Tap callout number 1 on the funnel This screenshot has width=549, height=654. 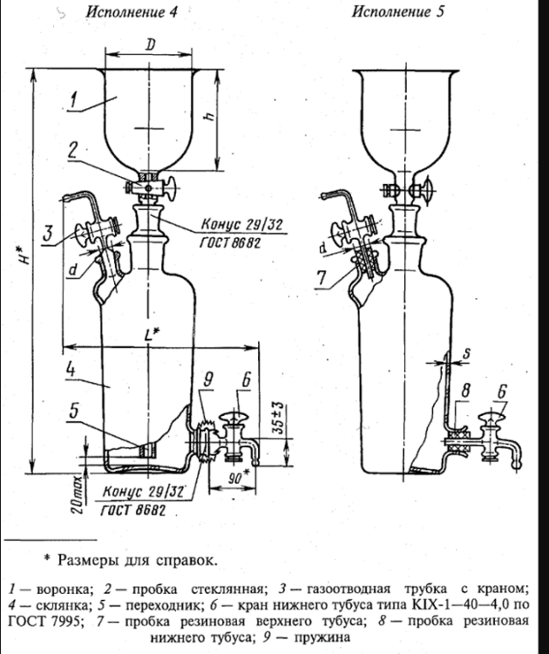78,102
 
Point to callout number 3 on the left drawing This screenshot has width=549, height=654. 50,235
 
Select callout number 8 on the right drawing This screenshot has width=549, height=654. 468,392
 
